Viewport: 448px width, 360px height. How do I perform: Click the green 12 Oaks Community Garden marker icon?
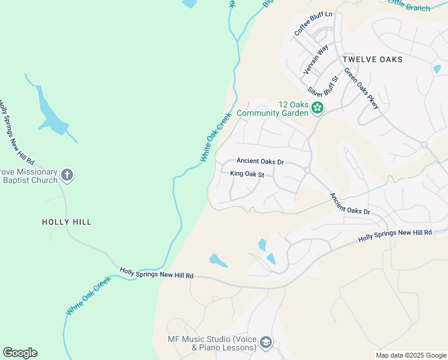(317, 108)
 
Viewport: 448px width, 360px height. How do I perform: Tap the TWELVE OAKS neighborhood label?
(372, 59)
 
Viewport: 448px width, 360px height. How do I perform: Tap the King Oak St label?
(247, 175)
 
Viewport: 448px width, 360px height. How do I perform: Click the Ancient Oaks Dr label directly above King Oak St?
(260, 161)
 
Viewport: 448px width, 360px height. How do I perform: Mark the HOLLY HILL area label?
(66, 222)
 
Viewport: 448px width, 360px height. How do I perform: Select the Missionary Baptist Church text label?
(30, 176)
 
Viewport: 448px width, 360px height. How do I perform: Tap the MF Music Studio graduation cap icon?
(265, 343)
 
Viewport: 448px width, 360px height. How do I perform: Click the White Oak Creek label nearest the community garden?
(216, 138)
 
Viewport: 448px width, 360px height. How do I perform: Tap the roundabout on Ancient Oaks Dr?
(307, 172)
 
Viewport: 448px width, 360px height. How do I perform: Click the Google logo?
(20, 353)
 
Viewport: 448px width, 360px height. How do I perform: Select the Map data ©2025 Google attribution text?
(410, 355)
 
